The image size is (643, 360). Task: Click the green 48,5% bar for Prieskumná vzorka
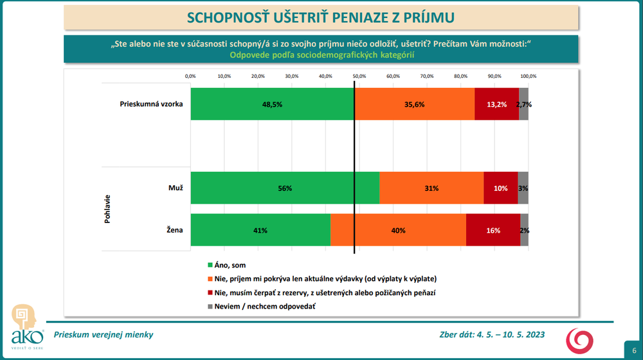pyautogui.click(x=272, y=104)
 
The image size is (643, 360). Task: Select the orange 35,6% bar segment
pyautogui.click(x=414, y=104)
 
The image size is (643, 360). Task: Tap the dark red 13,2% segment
pyautogui.click(x=496, y=104)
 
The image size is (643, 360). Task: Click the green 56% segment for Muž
pyautogui.click(x=285, y=188)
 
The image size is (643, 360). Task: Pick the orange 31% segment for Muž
pyautogui.click(x=431, y=188)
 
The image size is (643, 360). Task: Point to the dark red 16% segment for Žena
pyautogui.click(x=493, y=230)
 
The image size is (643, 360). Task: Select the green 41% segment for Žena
pyautogui.click(x=260, y=230)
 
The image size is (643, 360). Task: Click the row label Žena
pyautogui.click(x=175, y=230)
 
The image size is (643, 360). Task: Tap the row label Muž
pyautogui.click(x=176, y=188)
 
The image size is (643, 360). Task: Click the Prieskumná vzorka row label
pyautogui.click(x=152, y=104)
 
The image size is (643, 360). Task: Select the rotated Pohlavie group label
pyautogui.click(x=107, y=209)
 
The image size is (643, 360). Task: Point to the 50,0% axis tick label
pyautogui.click(x=359, y=76)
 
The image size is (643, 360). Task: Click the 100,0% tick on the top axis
pyautogui.click(x=528, y=76)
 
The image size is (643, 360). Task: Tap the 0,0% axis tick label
pyautogui.click(x=190, y=76)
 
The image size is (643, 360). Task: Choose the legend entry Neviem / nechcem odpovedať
pyautogui.click(x=264, y=307)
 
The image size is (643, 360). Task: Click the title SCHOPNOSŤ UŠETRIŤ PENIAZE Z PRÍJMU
pyautogui.click(x=321, y=17)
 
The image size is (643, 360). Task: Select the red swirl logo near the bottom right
pyautogui.click(x=579, y=339)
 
